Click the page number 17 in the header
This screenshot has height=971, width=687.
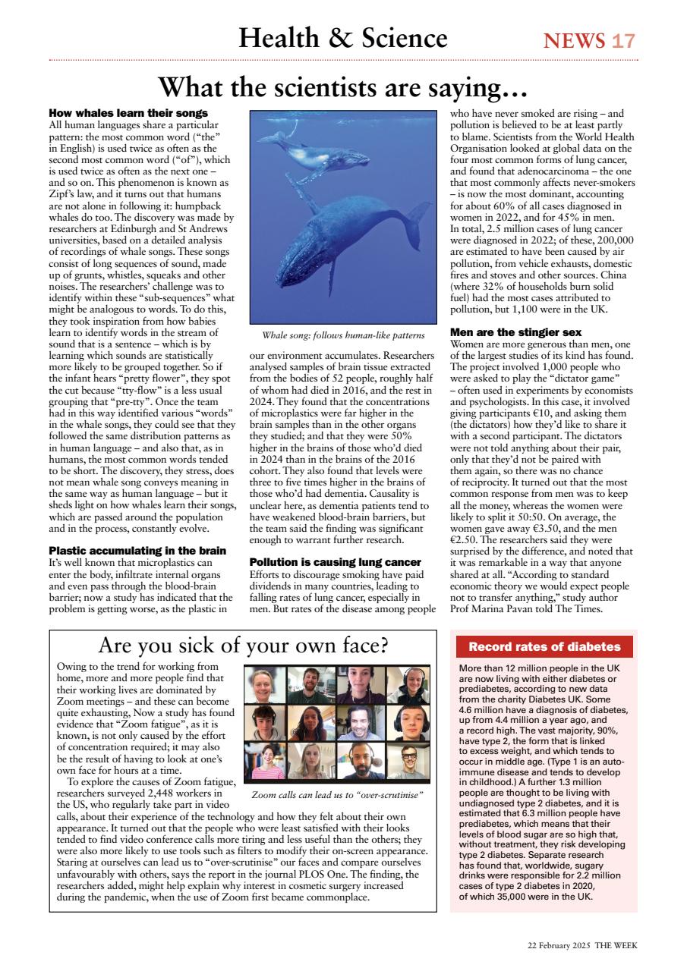coord(623,40)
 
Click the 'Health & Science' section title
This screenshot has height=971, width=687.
coord(343,38)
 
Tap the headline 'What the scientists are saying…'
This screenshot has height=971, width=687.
coord(343,88)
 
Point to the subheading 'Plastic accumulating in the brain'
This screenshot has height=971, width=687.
coord(137,550)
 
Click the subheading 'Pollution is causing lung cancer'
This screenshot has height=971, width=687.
coord(336,562)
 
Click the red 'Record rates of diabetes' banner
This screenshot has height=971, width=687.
coord(544,647)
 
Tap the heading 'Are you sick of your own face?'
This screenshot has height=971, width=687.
coord(244,646)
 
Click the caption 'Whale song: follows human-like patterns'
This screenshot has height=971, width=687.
coord(343,335)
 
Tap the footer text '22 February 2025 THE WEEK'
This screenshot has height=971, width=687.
coord(582,945)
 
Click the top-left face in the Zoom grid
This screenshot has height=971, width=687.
coord(266,684)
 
